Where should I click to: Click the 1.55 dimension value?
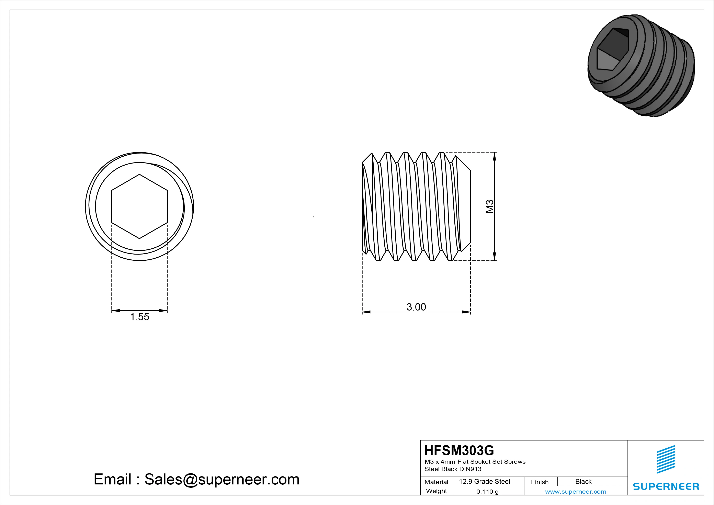(139, 317)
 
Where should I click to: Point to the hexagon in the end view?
(139, 206)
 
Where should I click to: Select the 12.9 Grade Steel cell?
(485, 481)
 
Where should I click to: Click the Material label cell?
(436, 482)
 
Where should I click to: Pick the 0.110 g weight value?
(487, 492)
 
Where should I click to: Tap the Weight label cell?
(436, 491)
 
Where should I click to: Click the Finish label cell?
(540, 482)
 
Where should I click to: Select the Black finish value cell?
(583, 481)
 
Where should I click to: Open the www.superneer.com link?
(576, 492)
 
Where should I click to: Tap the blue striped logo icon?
(666, 460)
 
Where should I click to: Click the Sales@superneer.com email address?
(222, 479)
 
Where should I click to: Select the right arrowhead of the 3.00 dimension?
(466, 312)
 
